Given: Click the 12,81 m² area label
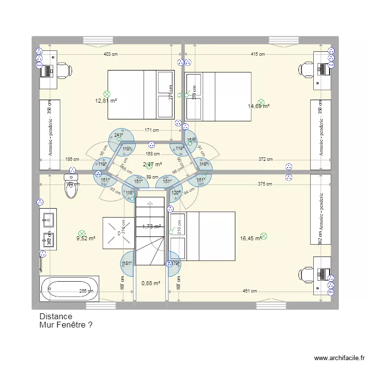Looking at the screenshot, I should click(x=106, y=101).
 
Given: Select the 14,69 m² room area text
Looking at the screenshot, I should click(x=259, y=106).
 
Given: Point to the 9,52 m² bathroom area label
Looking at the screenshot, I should click(x=85, y=238).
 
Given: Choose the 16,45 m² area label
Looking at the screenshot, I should click(x=250, y=238).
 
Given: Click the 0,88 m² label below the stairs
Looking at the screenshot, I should click(x=150, y=283).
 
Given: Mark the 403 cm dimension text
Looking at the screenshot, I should click(x=110, y=55).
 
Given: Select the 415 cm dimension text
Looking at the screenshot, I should click(x=258, y=55).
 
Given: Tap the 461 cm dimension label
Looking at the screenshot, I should click(x=249, y=291).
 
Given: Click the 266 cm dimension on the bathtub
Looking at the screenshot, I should click(x=86, y=291).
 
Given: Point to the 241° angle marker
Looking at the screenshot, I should click(x=118, y=135).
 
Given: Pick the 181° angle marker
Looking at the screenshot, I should click(x=127, y=263).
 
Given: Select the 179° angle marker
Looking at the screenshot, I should click(x=174, y=263).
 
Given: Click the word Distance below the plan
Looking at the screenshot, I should click(x=55, y=317).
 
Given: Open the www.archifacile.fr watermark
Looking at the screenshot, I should click(x=340, y=358).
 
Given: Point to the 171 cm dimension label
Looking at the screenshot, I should click(x=151, y=130).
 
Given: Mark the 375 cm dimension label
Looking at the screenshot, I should click(x=265, y=184).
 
